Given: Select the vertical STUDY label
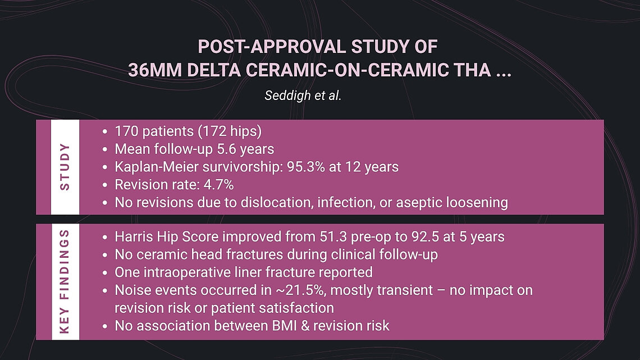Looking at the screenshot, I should click(x=65, y=167).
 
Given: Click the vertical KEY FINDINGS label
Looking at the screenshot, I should click(x=65, y=281).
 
